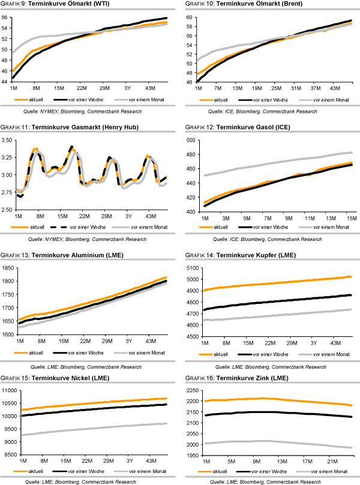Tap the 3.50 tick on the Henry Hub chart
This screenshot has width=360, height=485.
(x=8, y=140)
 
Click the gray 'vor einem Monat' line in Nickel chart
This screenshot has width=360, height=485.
(x=90, y=430)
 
